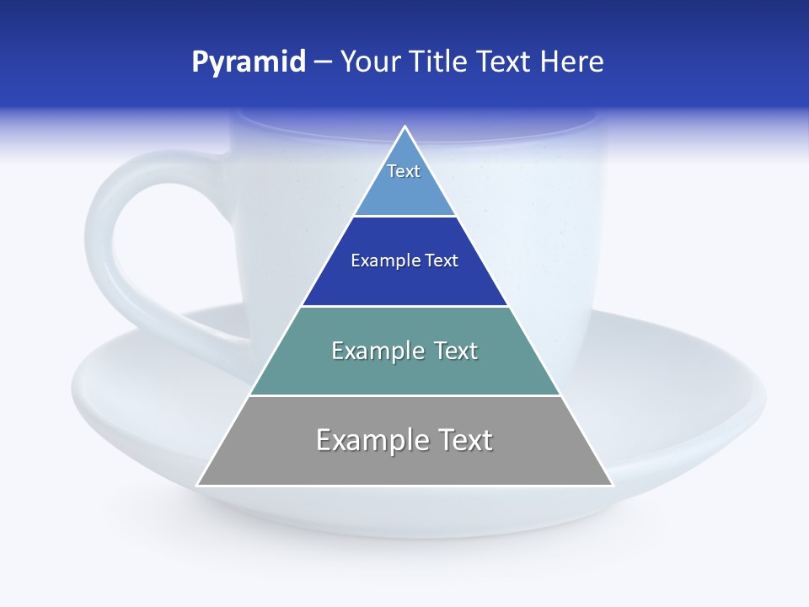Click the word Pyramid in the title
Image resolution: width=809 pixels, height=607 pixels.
point(248,62)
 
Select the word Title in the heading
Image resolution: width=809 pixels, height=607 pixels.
point(437,62)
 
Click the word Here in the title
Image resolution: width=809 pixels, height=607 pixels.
point(571,62)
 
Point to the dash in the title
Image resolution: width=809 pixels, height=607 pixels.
point(322,62)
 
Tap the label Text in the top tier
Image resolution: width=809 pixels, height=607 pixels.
point(404,171)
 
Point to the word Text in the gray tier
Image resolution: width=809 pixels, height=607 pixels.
point(463,440)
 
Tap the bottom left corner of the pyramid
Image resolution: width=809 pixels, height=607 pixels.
point(198,485)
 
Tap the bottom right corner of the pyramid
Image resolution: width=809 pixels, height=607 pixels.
point(611,485)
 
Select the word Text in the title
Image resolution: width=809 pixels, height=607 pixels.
point(504,62)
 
